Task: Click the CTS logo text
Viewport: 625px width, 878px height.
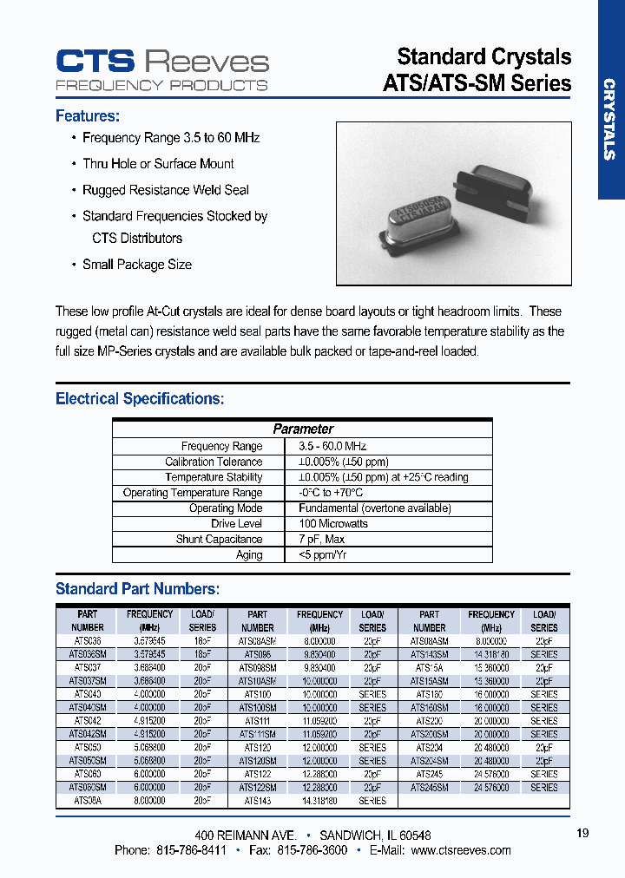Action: [x=95, y=61]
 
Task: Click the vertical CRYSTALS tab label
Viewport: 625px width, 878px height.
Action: [x=609, y=120]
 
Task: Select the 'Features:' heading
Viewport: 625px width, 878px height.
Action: [x=88, y=116]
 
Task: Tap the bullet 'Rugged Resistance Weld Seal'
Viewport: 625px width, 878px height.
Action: [x=165, y=190]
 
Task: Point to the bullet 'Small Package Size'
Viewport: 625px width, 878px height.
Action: [x=136, y=265]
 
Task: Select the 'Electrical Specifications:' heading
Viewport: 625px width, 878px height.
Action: [x=140, y=399]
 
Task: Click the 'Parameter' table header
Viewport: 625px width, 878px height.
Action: [x=303, y=429]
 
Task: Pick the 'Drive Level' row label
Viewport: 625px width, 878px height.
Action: [x=236, y=524]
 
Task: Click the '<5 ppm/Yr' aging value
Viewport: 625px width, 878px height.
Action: [x=322, y=555]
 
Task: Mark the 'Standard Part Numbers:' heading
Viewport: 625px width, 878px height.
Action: [x=137, y=589]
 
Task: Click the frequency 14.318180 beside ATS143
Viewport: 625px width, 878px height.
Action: [x=319, y=801]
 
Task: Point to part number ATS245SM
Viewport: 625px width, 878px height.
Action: [x=429, y=788]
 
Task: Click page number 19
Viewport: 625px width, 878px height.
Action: [x=582, y=833]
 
